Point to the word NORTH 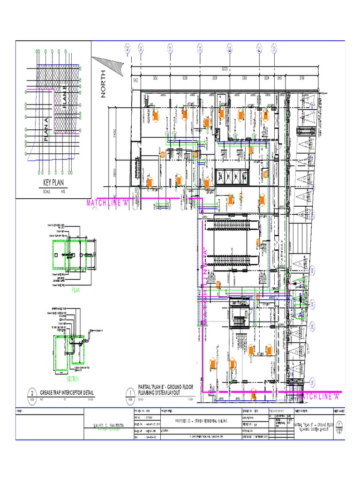coord(103,84)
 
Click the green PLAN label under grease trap coord(76,290)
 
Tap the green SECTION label coord(73,379)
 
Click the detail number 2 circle coord(32,393)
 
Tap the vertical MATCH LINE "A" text coord(205,286)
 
